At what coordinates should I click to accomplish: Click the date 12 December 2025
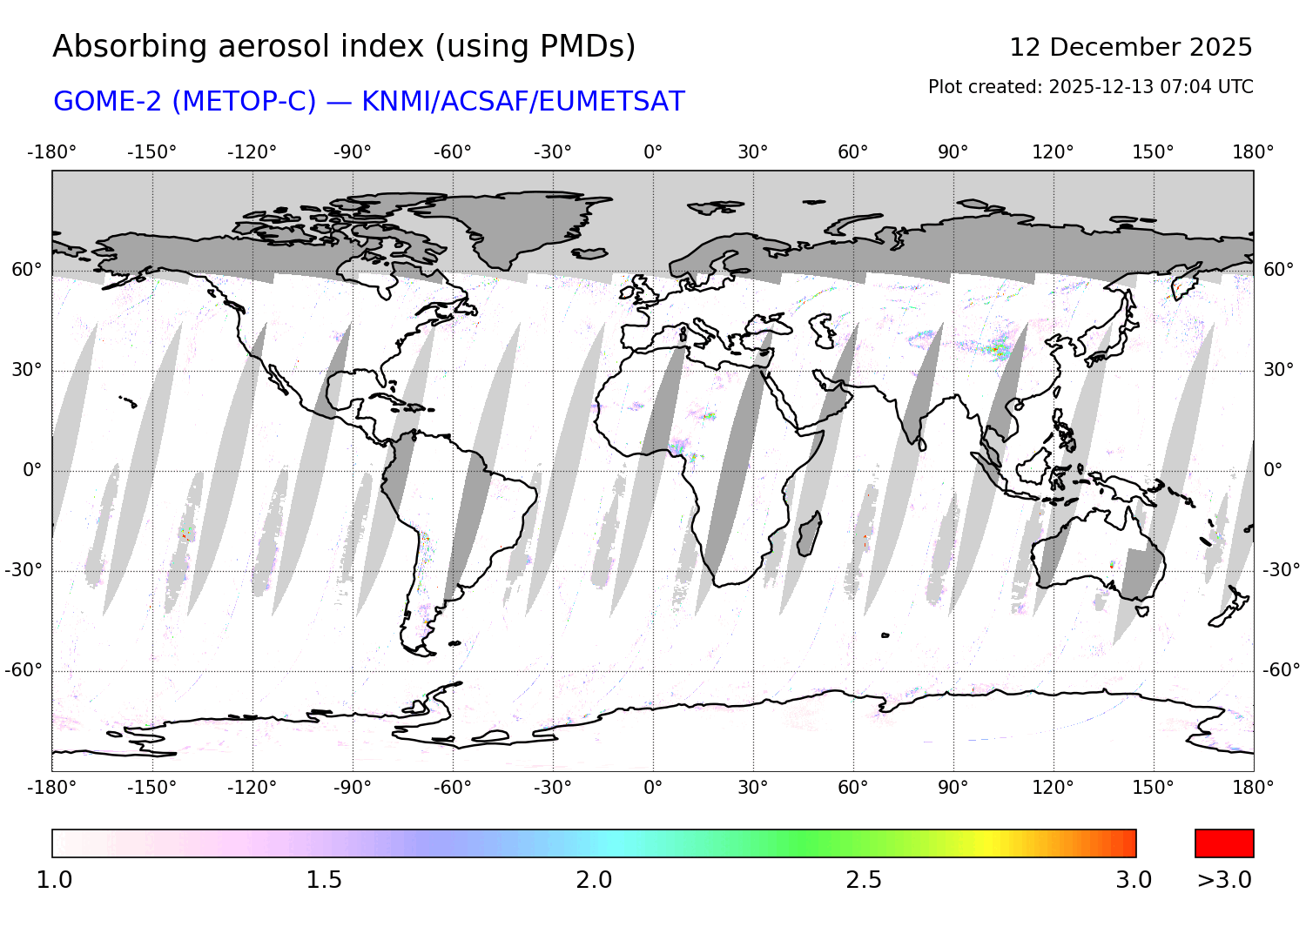[1130, 47]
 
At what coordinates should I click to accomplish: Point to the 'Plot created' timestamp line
[1090, 87]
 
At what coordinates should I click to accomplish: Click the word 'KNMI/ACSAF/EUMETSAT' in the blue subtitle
[522, 102]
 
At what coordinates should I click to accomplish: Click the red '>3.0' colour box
[1224, 843]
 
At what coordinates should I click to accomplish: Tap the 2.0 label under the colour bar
[594, 880]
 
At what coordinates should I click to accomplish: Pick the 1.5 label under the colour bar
[324, 880]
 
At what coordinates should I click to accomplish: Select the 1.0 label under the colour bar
[54, 880]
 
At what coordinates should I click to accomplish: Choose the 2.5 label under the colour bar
[864, 880]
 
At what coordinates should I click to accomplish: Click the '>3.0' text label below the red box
[1224, 880]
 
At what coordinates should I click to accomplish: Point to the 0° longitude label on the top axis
[653, 152]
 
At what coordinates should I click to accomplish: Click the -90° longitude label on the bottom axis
[352, 788]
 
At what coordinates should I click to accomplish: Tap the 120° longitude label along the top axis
[1053, 152]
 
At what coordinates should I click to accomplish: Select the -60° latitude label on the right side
[1281, 670]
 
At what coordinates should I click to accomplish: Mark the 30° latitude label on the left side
[26, 370]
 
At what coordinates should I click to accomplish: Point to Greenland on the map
[522, 222]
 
